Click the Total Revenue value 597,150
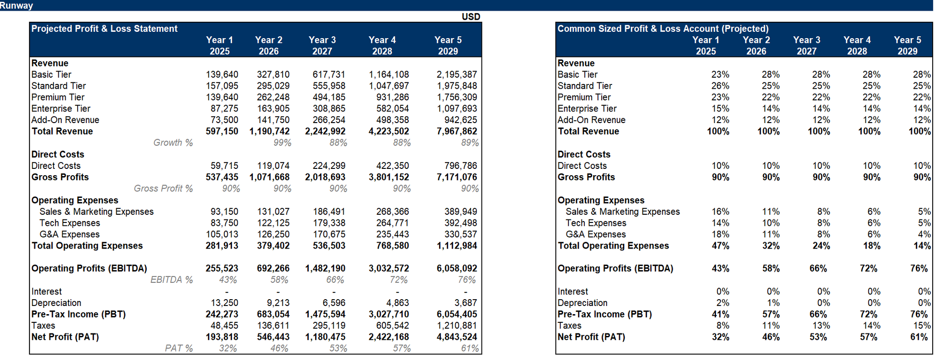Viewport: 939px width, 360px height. (222, 131)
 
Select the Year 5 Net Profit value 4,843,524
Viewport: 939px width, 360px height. (456, 337)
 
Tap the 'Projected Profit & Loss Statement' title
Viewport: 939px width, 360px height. (104, 28)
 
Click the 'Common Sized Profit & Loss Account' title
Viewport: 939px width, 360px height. (663, 28)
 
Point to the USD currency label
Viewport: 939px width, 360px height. (470, 17)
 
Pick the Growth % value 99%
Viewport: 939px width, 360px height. (282, 143)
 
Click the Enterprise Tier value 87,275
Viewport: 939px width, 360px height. (224, 109)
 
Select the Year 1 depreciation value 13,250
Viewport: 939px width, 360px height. (224, 303)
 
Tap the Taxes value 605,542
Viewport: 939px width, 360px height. (392, 326)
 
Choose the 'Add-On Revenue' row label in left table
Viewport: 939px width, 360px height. (65, 120)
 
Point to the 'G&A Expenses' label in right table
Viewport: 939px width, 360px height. (595, 235)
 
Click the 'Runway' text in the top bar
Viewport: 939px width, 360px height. (16, 5)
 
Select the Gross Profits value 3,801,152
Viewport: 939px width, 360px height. (388, 177)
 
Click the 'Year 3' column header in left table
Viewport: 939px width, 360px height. (322, 40)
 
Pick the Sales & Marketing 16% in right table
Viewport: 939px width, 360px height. (720, 211)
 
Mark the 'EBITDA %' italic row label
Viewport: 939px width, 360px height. (171, 280)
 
